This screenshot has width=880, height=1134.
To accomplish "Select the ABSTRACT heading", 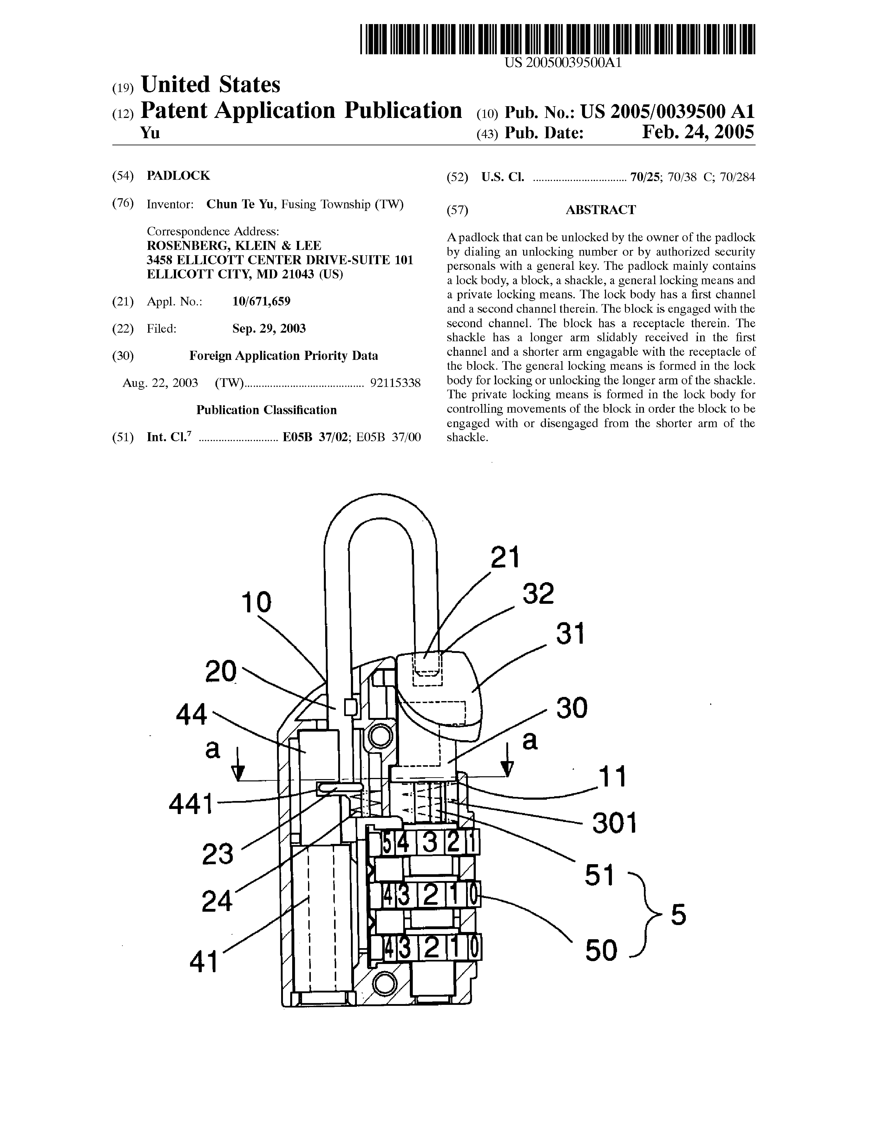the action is coord(601,210).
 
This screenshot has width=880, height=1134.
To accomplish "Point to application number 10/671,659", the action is coord(261,302).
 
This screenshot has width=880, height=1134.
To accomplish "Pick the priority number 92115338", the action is coord(395,383).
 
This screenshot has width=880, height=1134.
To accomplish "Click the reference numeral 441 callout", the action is coord(191,804).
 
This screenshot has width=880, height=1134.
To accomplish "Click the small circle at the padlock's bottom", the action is coord(385,984).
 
